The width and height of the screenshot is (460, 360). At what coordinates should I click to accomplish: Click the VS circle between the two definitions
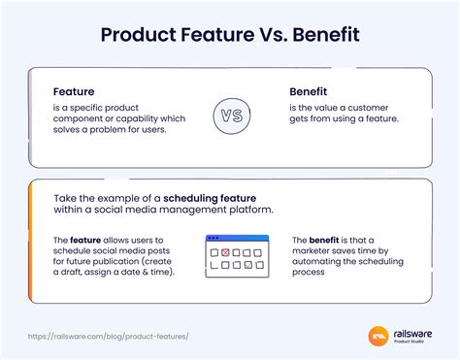[229, 115]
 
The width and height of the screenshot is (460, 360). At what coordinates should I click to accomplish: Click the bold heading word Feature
[75, 91]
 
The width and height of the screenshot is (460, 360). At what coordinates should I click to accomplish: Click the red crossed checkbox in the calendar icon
[225, 252]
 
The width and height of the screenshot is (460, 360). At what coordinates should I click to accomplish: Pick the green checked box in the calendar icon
[248, 264]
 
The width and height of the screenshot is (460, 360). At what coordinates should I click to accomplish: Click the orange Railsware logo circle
[379, 337]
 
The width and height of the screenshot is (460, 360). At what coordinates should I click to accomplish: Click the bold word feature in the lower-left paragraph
[85, 239]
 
